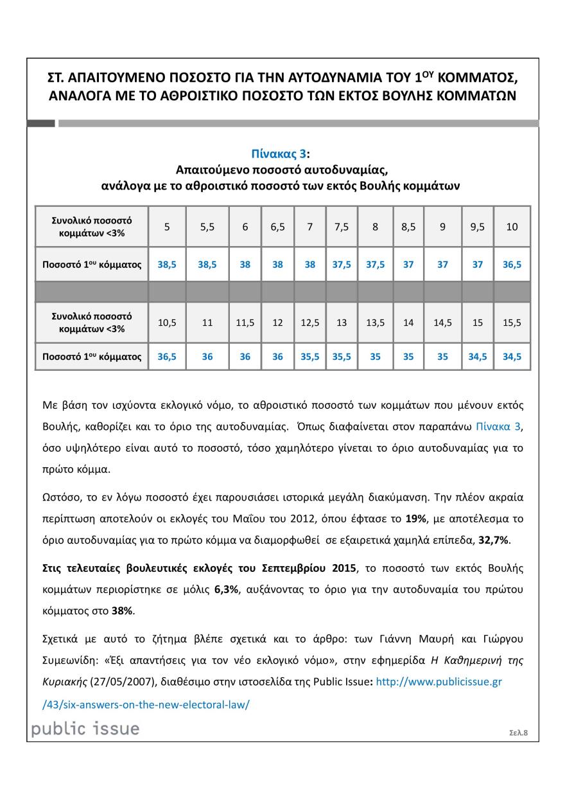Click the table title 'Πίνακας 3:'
click(x=282, y=154)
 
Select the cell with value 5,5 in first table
click(x=207, y=227)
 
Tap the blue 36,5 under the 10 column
click(x=512, y=264)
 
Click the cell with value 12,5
click(x=310, y=323)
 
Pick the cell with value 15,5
click(x=512, y=323)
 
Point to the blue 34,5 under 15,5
click(x=512, y=357)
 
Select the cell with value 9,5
click(x=477, y=227)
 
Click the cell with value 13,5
click(x=376, y=323)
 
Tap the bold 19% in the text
click(x=413, y=519)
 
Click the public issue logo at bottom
click(x=85, y=728)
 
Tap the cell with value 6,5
click(x=277, y=227)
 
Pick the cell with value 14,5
click(x=442, y=323)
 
